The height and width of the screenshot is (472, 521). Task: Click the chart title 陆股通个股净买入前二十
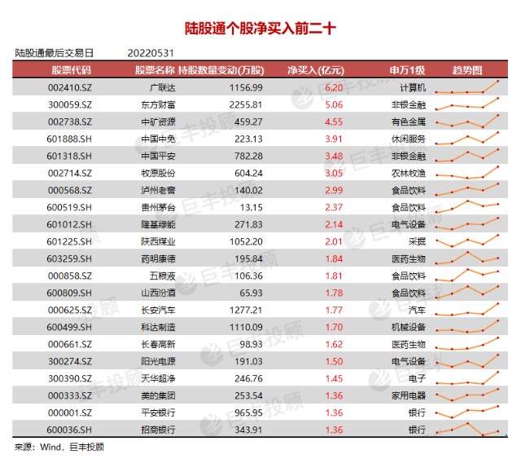pos(260,29)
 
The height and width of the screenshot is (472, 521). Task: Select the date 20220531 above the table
pos(151,53)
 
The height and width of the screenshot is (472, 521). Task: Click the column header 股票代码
pos(71,70)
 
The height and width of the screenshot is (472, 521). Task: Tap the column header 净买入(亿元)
pos(316,70)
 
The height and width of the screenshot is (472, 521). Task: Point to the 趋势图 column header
pos(467,70)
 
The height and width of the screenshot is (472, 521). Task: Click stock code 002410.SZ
pos(70,88)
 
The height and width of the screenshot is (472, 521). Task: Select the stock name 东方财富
pos(158,105)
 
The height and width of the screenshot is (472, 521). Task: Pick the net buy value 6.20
pos(334,88)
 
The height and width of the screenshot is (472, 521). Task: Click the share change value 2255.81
pos(246,105)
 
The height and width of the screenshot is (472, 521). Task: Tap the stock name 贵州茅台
pos(158,208)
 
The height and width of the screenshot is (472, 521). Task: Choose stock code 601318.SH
pos(69,157)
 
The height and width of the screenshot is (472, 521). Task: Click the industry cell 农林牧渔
pos(409,174)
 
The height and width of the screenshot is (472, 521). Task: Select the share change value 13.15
pos(252,208)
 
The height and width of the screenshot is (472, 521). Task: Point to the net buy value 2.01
pos(334,242)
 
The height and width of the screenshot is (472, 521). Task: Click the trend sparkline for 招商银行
pos(467,430)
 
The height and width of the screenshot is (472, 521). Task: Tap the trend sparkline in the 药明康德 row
pos(467,258)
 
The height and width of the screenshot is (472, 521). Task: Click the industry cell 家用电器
pos(409,396)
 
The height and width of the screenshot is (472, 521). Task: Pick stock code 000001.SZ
pos(70,412)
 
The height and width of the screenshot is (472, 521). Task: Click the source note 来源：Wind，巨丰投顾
pos(59,447)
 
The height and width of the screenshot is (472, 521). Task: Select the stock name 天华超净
pos(158,378)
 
